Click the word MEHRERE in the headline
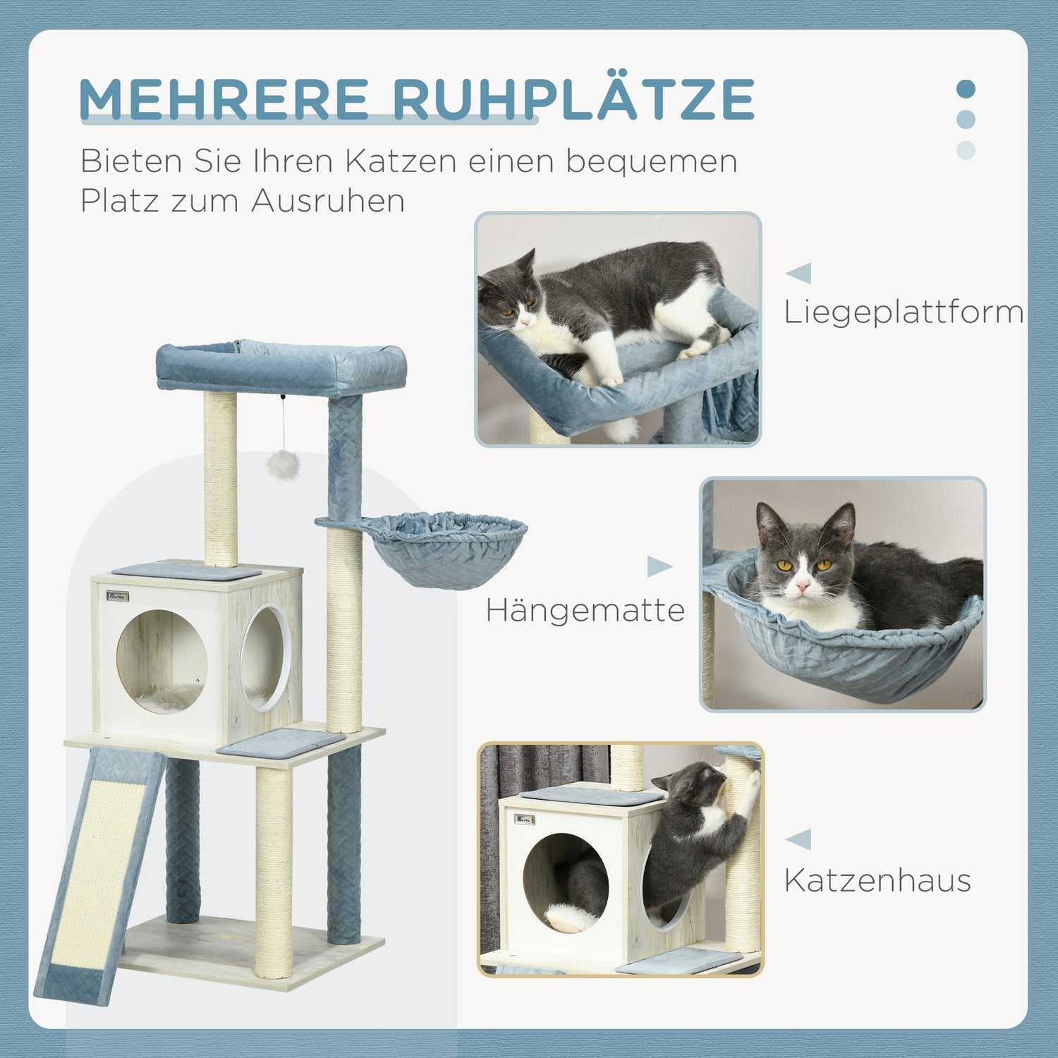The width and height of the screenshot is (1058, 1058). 224,100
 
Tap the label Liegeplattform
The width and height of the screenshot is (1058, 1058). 904,312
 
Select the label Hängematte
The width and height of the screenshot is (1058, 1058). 585,610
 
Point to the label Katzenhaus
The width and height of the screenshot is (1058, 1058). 877,880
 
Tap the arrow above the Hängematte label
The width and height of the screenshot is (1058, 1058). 659,566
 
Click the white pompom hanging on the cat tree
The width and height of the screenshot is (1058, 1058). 283,465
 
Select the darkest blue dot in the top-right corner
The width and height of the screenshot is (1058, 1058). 966,90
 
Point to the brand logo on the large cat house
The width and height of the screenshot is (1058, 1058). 118,597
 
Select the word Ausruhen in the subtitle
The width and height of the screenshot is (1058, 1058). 327,200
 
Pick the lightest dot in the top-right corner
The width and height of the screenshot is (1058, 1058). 966,150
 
